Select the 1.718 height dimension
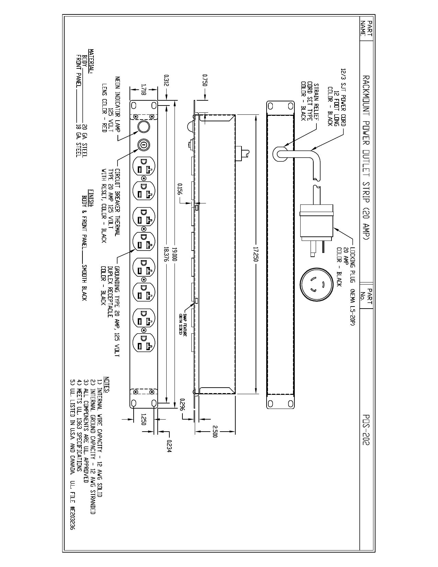pos(143,89)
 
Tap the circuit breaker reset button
pos(144,144)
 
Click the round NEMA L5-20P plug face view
pos(316,283)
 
